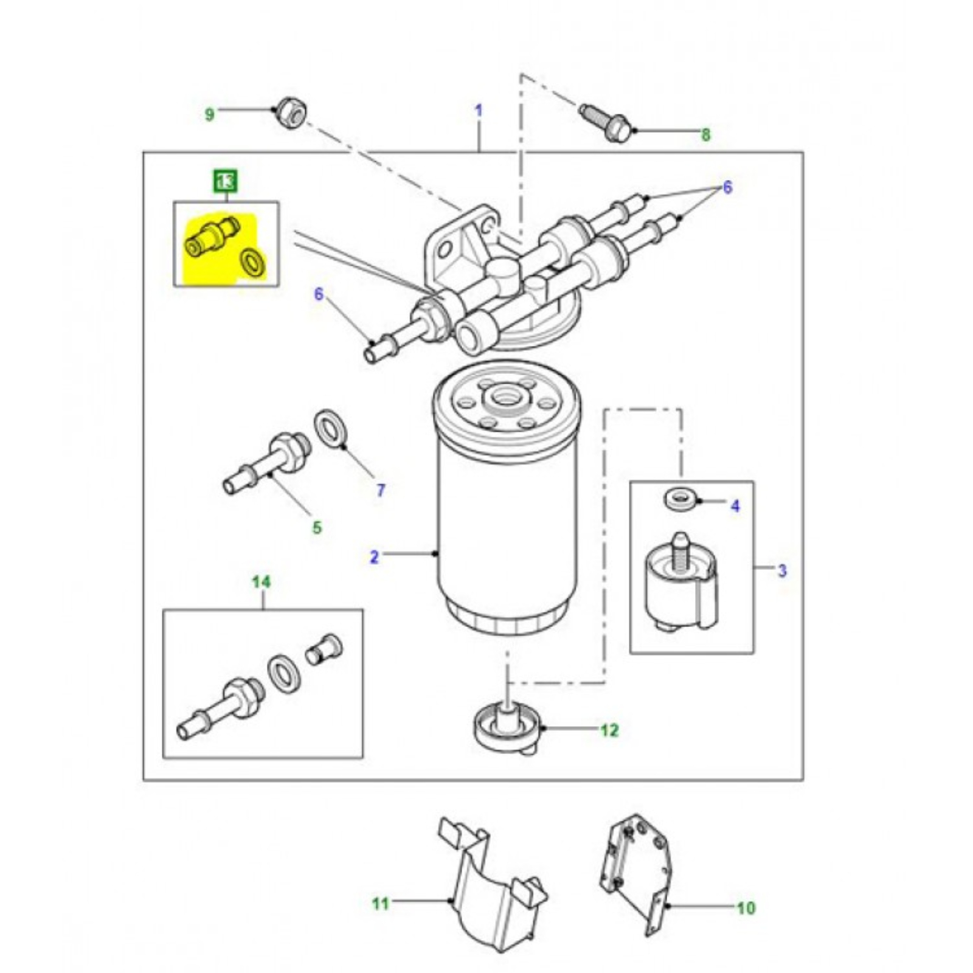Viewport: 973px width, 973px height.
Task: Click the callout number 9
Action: [209, 114]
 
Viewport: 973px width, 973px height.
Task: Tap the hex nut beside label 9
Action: [290, 113]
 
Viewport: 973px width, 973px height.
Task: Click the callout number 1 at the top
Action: [479, 111]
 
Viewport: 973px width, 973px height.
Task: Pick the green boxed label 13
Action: [225, 181]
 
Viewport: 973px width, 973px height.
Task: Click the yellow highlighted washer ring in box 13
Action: [253, 263]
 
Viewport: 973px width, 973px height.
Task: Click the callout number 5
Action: [317, 527]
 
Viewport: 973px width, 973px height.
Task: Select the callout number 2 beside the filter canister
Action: [374, 556]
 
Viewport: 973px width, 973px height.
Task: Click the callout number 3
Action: [782, 570]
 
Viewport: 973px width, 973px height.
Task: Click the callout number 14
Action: [261, 582]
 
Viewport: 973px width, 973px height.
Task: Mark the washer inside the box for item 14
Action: [283, 673]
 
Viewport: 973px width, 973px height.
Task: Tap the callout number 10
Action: [746, 908]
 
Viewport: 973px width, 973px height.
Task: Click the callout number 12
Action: [609, 730]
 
